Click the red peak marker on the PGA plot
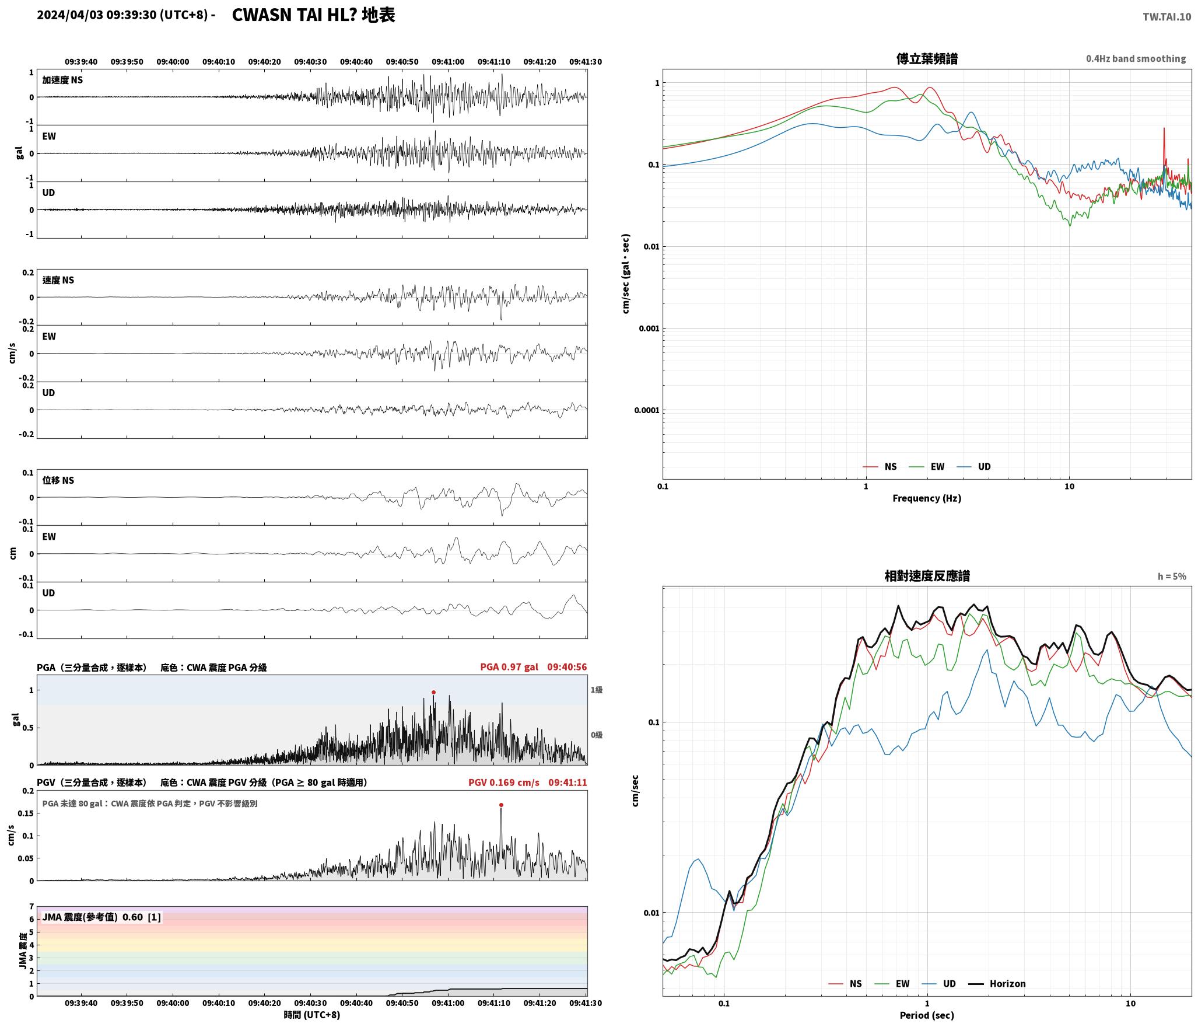point(433,693)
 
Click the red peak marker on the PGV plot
point(501,805)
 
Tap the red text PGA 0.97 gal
point(509,667)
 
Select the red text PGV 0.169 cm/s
point(504,783)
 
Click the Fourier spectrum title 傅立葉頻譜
point(927,59)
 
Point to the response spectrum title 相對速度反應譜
point(927,576)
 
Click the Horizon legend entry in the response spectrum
point(997,984)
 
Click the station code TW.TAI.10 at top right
point(1167,17)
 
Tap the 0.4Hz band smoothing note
point(1136,59)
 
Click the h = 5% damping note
point(1172,577)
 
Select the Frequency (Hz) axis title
point(927,498)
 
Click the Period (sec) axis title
point(927,1015)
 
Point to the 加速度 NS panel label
point(62,80)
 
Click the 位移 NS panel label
point(58,480)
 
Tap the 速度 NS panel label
point(58,280)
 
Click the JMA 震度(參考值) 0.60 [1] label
point(101,917)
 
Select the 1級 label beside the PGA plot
point(597,690)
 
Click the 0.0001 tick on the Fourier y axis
point(647,410)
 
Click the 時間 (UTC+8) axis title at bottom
point(312,1015)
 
